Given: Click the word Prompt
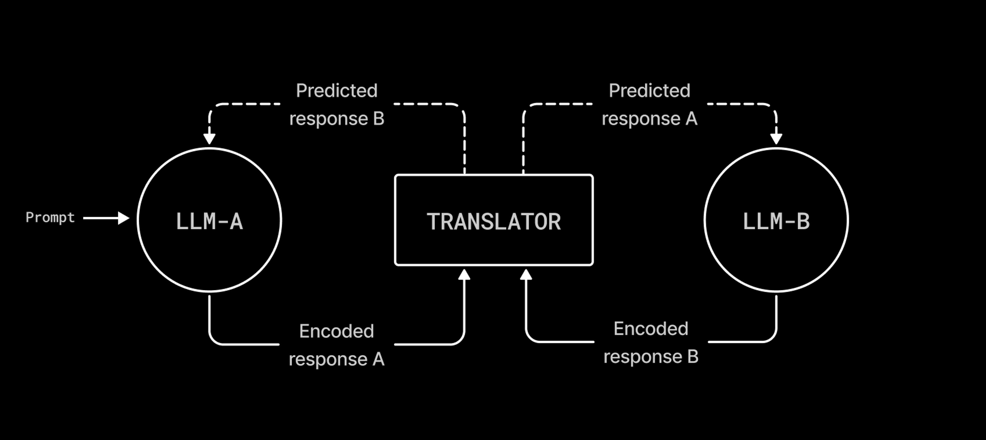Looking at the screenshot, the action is (50, 218).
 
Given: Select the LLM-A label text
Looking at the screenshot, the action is (209, 221).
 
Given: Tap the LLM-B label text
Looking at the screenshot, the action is (776, 221).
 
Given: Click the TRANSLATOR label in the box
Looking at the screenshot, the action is (494, 221).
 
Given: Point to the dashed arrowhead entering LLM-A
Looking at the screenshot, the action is (209, 139).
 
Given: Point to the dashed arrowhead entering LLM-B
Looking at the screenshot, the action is (776, 139).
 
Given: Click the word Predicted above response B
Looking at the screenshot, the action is (336, 91).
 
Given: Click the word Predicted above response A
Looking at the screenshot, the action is (650, 91).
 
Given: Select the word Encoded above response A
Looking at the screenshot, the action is (336, 331).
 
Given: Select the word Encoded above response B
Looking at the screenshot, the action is (651, 329).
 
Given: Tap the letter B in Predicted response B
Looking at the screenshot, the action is (378, 119).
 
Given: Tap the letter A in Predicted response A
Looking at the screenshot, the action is (691, 119).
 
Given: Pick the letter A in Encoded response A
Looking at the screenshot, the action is (378, 359).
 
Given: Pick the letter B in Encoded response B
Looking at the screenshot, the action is (693, 357).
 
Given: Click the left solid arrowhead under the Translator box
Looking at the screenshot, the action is (464, 275).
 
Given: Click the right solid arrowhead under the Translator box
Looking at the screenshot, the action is (526, 275).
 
